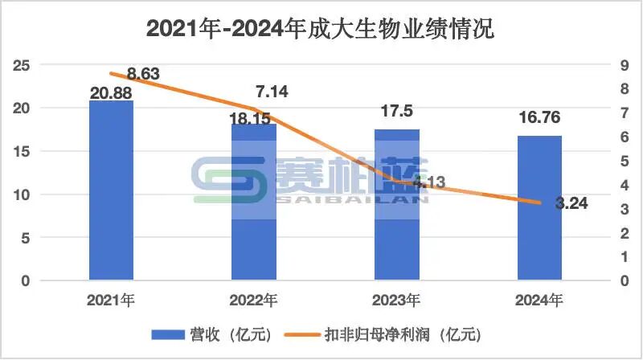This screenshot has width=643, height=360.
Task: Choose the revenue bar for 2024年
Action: pyautogui.click(x=539, y=208)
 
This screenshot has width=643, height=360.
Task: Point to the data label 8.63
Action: pyautogui.click(x=144, y=74)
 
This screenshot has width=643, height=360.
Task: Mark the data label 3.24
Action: pyautogui.click(x=571, y=203)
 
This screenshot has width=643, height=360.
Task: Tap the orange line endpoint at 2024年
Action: pyautogui.click(x=539, y=203)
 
